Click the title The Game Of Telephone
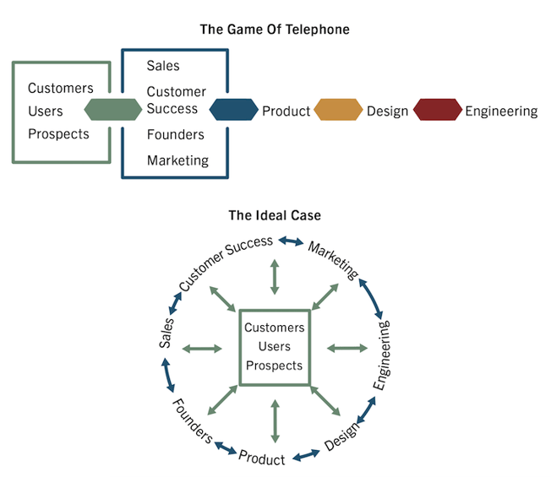pyautogui.click(x=275, y=30)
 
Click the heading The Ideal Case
pyautogui.click(x=275, y=215)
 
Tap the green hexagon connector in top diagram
pyautogui.click(x=113, y=110)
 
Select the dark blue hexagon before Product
pyautogui.click(x=233, y=110)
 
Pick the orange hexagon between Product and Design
pyautogui.click(x=338, y=110)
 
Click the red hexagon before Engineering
pyautogui.click(x=439, y=110)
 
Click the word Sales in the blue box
pyautogui.click(x=163, y=66)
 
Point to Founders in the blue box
pyautogui.click(x=176, y=134)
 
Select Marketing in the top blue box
pyautogui.click(x=177, y=160)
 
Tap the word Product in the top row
pyautogui.click(x=286, y=111)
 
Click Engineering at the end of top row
pyautogui.click(x=501, y=111)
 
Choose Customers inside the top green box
pyautogui.click(x=61, y=88)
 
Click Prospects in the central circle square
pyautogui.click(x=274, y=366)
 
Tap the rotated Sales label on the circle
pyautogui.click(x=167, y=332)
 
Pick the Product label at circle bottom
pyautogui.click(x=262, y=457)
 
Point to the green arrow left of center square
pyautogui.click(x=201, y=348)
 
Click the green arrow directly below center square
pyautogui.click(x=274, y=422)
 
